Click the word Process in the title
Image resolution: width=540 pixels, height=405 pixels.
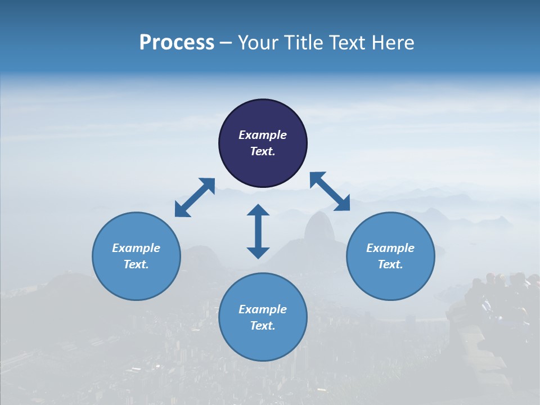coord(177,43)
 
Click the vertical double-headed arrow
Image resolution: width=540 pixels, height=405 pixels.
coord(258,231)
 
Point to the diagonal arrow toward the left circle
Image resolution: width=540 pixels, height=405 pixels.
coord(195,197)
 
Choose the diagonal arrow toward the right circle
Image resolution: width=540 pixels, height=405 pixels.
coord(330,191)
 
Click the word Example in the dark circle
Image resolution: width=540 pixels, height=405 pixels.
coord(263,135)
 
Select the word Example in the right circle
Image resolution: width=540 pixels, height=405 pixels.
coord(390,248)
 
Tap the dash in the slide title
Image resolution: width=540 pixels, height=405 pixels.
coord(226,43)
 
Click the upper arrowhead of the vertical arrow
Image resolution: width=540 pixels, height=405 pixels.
coord(258,211)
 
